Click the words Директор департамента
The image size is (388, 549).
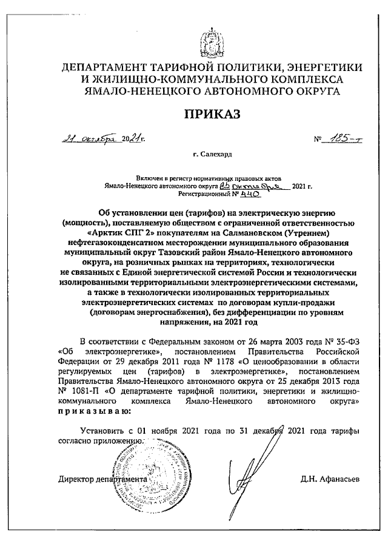coord(101,479)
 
